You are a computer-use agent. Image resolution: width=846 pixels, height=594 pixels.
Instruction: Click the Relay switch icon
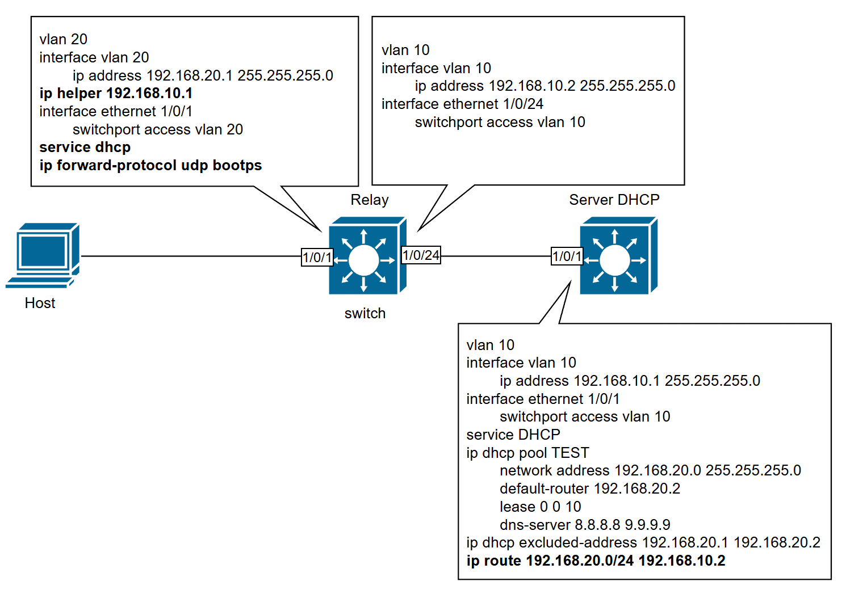(367, 256)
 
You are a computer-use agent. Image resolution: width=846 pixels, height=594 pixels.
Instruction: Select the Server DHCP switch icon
(618, 256)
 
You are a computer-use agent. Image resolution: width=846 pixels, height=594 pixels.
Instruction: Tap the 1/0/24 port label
(421, 255)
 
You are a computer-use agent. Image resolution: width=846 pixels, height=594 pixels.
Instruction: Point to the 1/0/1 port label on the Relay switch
(317, 257)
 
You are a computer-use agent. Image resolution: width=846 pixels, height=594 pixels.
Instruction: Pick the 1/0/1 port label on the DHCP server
(567, 256)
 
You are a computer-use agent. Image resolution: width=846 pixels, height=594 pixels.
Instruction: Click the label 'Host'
(40, 303)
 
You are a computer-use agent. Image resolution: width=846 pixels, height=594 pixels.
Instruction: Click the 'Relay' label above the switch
(369, 200)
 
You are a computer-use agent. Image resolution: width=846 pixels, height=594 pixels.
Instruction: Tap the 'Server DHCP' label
(614, 200)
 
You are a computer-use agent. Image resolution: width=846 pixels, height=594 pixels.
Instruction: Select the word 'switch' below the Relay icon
(365, 313)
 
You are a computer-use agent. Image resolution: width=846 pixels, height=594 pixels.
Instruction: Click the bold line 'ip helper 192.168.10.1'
(116, 93)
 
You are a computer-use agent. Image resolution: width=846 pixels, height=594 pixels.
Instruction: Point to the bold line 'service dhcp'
(85, 147)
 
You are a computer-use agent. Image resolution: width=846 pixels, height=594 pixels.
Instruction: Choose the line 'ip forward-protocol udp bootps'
(150, 165)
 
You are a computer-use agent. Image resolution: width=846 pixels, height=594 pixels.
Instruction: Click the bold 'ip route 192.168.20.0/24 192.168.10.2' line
(596, 561)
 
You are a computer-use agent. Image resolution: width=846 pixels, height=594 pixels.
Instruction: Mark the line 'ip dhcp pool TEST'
(527, 453)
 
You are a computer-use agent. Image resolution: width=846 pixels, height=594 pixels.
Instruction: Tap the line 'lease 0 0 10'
(540, 507)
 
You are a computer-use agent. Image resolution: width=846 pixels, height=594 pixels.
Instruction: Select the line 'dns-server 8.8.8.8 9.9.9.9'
(585, 525)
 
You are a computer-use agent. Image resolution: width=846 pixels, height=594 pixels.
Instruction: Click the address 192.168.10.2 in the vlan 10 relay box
(531, 86)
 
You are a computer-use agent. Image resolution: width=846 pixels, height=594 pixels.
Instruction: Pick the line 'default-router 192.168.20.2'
(589, 488)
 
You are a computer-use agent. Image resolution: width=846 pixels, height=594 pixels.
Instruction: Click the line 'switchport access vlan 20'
(157, 129)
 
